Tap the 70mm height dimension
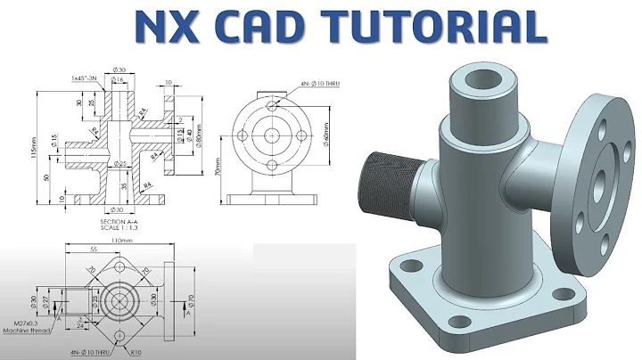[x=216, y=166]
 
